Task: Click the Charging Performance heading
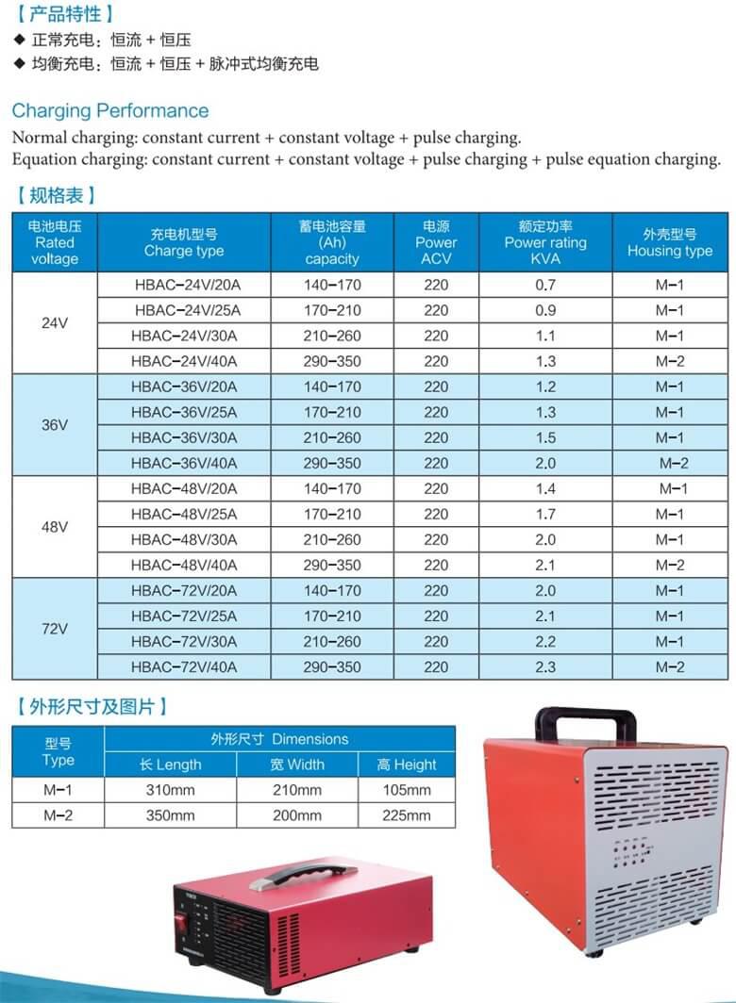pyautogui.click(x=110, y=110)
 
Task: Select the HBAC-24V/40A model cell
pyautogui.click(x=185, y=361)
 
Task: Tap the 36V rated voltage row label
pyautogui.click(x=55, y=425)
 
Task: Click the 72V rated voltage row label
pyautogui.click(x=55, y=629)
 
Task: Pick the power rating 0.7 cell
pyautogui.click(x=545, y=285)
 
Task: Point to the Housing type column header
pyautogui.click(x=670, y=242)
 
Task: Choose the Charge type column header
pyautogui.click(x=184, y=242)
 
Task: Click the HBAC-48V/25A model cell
pyautogui.click(x=185, y=514)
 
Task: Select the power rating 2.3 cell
pyautogui.click(x=545, y=666)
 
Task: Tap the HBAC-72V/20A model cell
pyautogui.click(x=185, y=591)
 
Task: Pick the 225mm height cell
pyautogui.click(x=407, y=815)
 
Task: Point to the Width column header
pyautogui.click(x=296, y=765)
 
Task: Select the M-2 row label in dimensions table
pyautogui.click(x=58, y=815)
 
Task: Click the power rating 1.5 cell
pyautogui.click(x=545, y=437)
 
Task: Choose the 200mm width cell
pyautogui.click(x=296, y=815)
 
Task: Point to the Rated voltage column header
pyautogui.click(x=55, y=242)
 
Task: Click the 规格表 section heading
pyautogui.click(x=56, y=196)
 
